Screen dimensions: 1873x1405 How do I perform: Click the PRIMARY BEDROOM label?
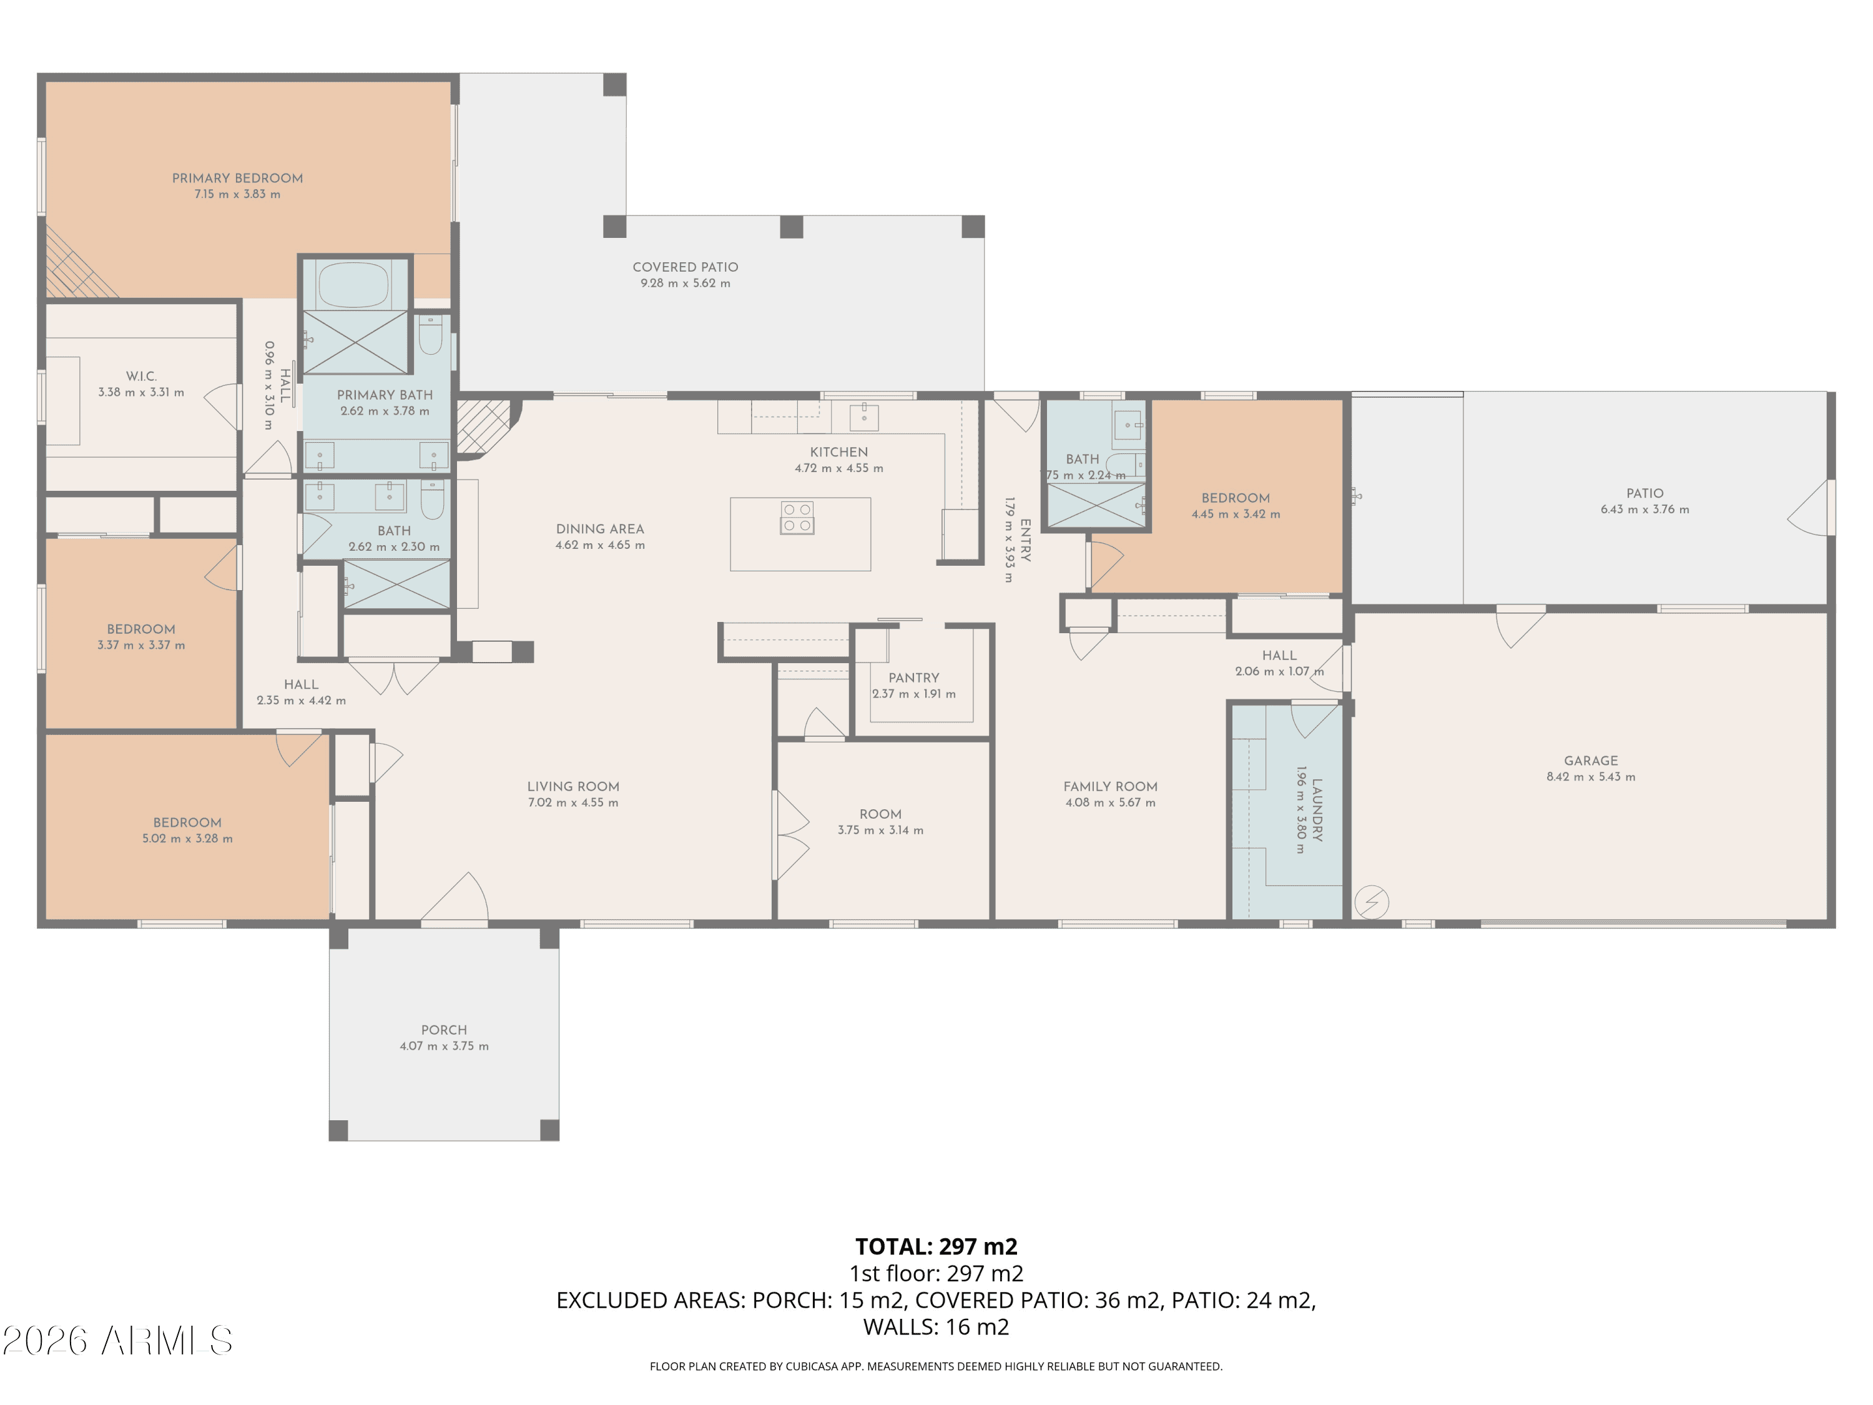(237, 178)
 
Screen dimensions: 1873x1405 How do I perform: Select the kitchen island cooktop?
(797, 518)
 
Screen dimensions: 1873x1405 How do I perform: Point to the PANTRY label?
(913, 678)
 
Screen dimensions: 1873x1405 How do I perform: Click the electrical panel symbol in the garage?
(1372, 903)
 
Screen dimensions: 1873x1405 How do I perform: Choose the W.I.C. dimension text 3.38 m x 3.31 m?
(140, 392)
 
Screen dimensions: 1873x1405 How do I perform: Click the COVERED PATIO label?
(685, 267)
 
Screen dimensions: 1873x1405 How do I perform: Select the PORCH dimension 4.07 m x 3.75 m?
(444, 1046)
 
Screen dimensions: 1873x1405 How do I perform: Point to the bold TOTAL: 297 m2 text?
(936, 1246)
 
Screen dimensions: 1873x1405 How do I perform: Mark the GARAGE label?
(1590, 761)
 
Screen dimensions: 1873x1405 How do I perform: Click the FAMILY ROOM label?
(1110, 786)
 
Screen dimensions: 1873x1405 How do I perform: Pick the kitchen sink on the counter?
(863, 417)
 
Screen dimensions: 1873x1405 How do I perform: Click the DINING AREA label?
(599, 528)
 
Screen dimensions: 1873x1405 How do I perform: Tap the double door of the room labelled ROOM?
(792, 835)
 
